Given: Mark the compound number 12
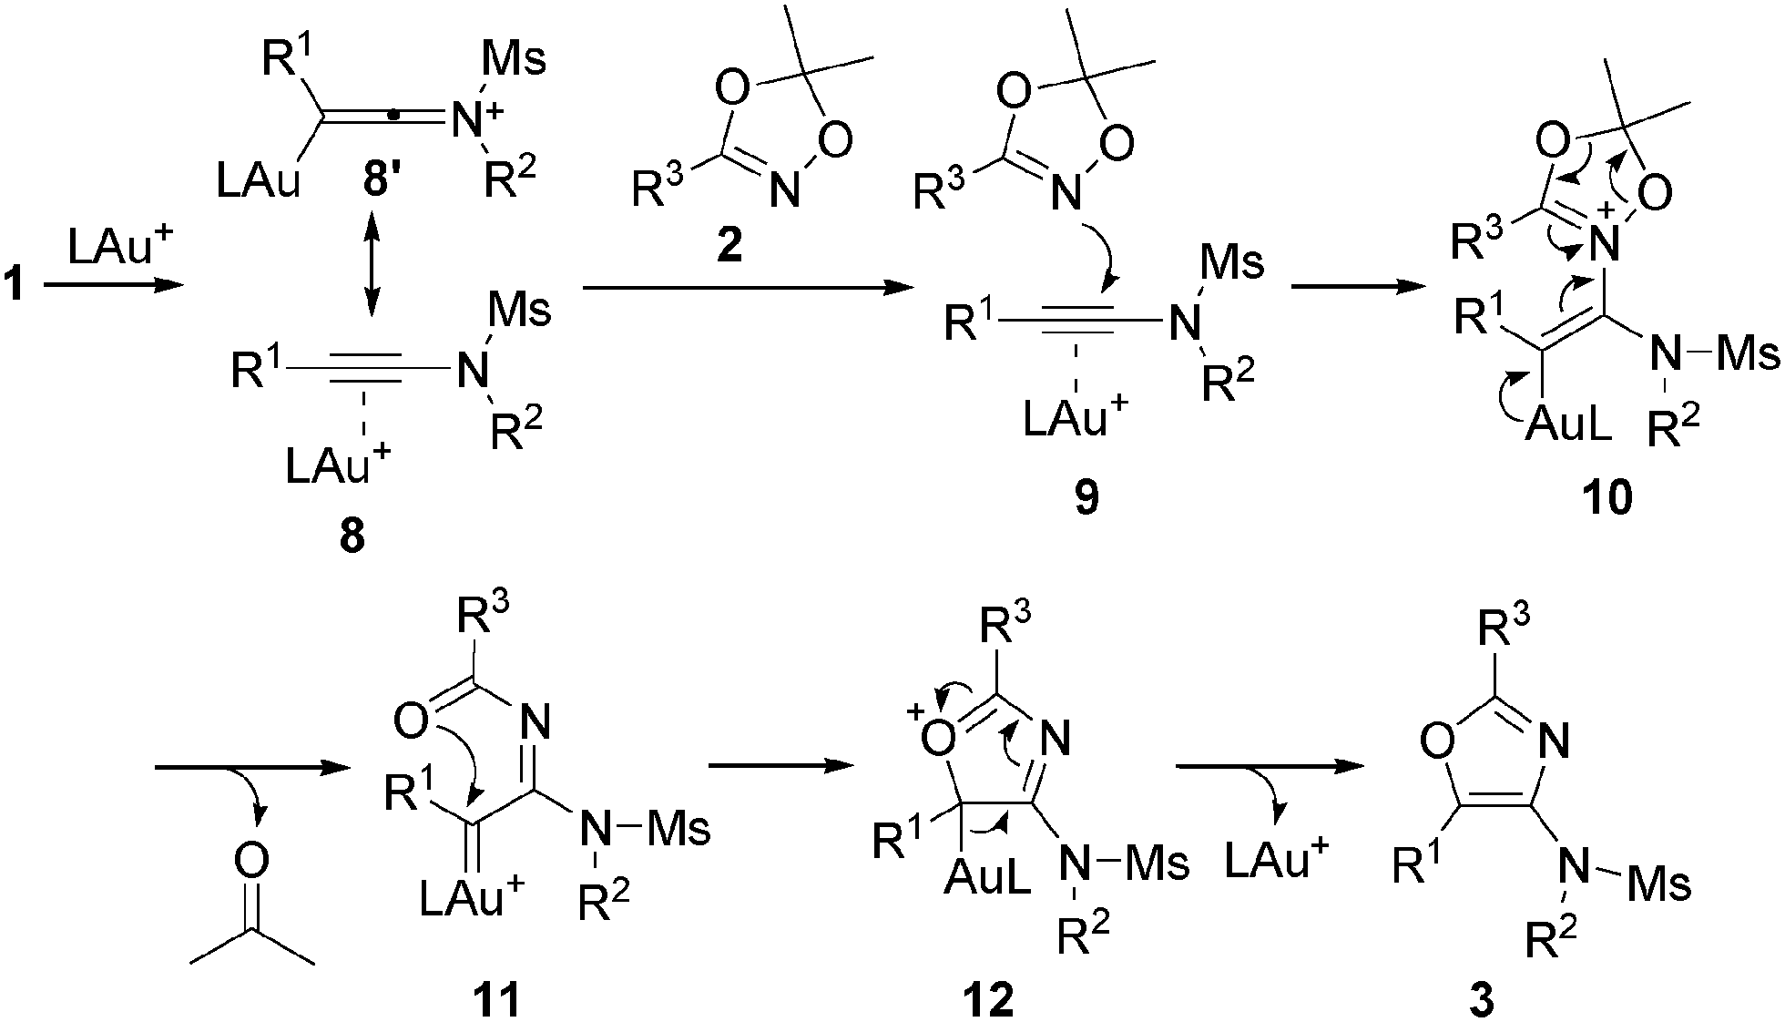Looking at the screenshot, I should coord(990,999).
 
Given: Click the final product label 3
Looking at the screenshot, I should coord(1482,999).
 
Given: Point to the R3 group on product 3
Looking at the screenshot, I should coord(1504,629).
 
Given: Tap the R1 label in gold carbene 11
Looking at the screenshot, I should coord(411,792).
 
